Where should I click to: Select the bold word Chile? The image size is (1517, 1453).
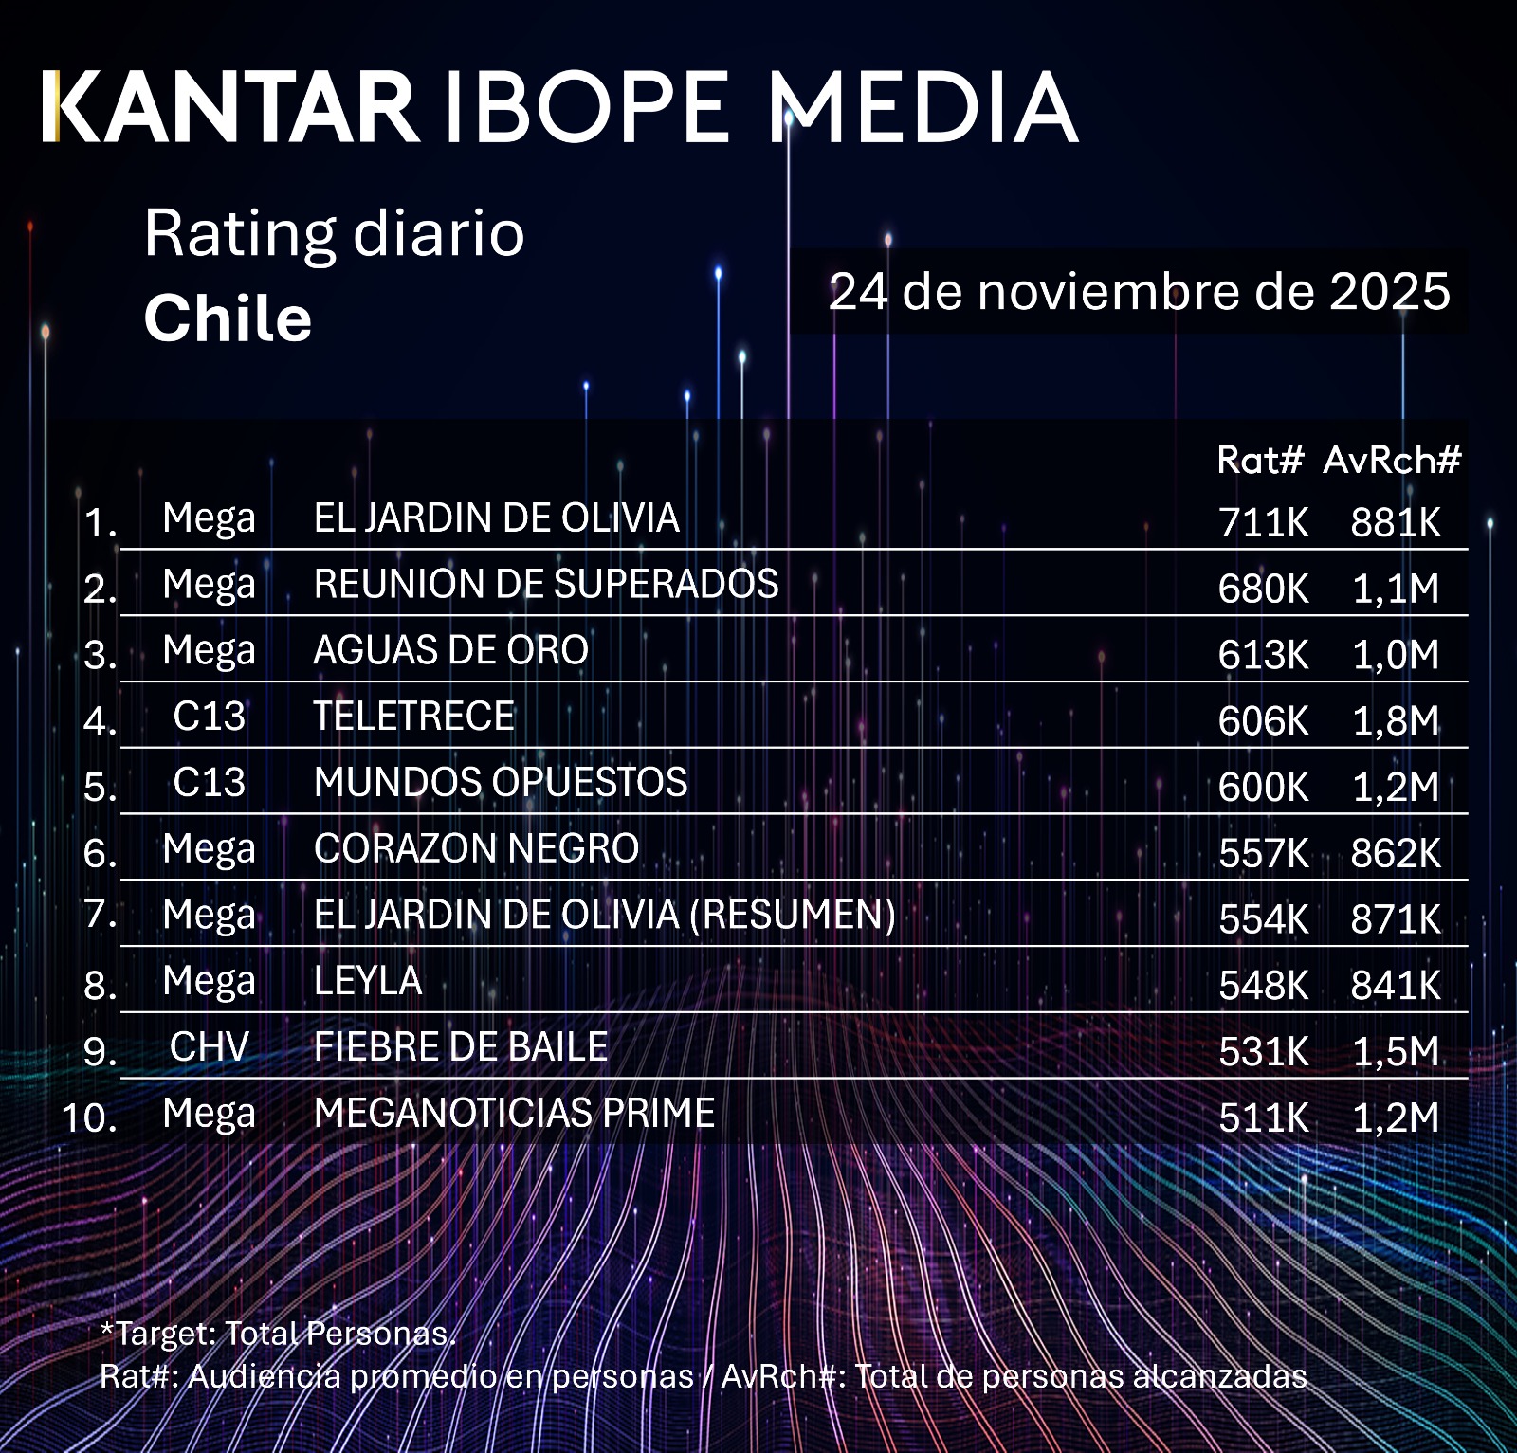coord(228,318)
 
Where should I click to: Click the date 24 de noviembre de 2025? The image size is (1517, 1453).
coord(1139,291)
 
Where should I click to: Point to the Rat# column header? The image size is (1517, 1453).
coord(1260,461)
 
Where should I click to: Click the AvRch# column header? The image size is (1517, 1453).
coord(1392,461)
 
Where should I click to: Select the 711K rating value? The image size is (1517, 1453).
coord(1263,522)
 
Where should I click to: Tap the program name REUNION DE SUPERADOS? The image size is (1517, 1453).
coord(546,584)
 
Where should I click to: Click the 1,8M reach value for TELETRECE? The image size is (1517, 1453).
coord(1396,721)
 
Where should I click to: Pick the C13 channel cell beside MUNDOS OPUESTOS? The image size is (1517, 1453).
coord(209,783)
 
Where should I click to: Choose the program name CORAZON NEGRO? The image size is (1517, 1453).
coord(476,849)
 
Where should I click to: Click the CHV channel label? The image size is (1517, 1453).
coord(209,1047)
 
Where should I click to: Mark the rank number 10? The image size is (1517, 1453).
coord(89,1117)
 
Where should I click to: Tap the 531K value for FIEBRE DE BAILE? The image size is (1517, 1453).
coord(1263,1052)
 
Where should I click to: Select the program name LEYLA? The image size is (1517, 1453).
coord(368,981)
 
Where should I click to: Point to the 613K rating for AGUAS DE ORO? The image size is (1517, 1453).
coord(1263,655)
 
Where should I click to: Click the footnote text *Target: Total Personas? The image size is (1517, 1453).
coord(278,1334)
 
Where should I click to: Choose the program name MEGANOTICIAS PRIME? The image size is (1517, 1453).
coord(514,1114)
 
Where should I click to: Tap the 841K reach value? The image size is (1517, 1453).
coord(1396,986)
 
